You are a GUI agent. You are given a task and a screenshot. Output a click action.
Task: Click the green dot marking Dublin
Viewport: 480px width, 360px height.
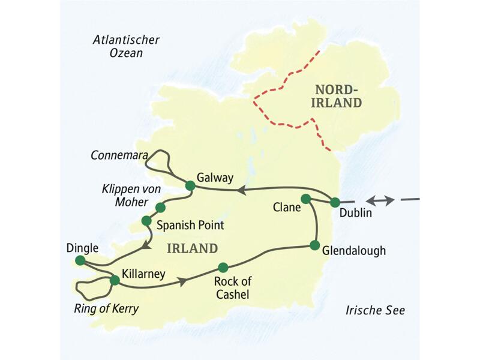(335, 202)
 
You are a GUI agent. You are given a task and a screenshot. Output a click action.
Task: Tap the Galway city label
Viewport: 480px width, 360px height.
(215, 178)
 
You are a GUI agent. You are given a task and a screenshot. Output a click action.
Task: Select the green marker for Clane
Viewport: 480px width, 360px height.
(305, 199)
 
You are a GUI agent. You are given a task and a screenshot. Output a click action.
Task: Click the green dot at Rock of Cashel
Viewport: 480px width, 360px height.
(223, 268)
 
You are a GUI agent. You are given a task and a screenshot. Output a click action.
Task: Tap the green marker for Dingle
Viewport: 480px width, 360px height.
(80, 260)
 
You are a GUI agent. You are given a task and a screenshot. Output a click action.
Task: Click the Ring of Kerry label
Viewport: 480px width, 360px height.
(107, 310)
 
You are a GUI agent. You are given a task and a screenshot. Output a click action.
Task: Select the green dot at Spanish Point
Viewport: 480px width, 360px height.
(146, 221)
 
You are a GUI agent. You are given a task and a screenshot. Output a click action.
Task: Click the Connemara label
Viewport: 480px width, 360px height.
(118, 155)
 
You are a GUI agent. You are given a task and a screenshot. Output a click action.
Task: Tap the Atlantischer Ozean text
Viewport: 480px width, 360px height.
(126, 46)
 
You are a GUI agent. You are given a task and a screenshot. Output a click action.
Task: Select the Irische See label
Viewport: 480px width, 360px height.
(376, 310)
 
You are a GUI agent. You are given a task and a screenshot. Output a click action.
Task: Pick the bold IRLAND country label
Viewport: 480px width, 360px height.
(192, 248)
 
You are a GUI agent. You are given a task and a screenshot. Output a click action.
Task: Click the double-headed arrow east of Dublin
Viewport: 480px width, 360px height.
(381, 200)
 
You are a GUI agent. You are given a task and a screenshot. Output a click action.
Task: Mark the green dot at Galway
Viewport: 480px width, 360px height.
(190, 186)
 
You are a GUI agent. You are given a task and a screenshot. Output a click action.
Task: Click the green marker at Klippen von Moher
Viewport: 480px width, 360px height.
(160, 208)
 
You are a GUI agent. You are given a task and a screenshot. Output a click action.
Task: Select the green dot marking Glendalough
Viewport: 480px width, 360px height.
(314, 245)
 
